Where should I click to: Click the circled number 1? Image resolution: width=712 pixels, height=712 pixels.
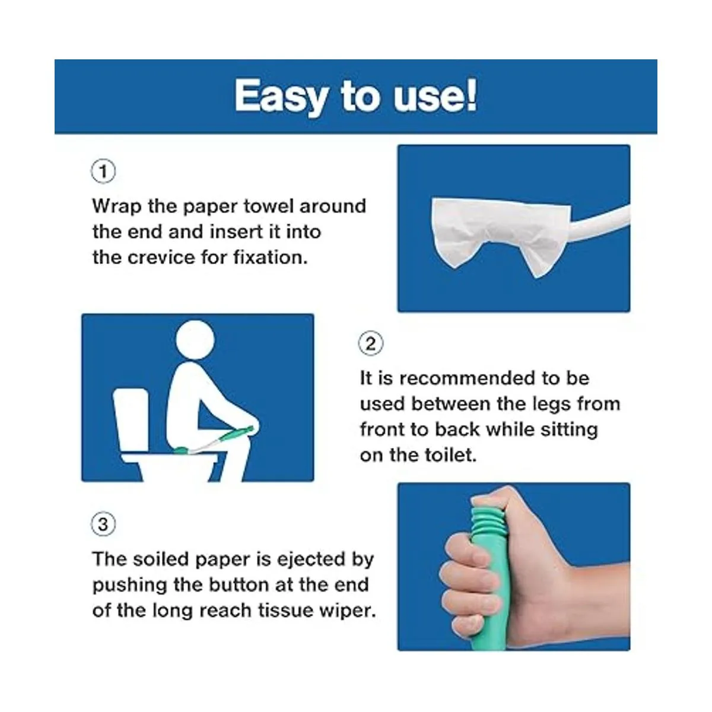pyautogui.click(x=103, y=172)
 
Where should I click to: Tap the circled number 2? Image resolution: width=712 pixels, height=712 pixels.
pyautogui.click(x=371, y=344)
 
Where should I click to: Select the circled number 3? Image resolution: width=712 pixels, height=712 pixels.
pyautogui.click(x=103, y=524)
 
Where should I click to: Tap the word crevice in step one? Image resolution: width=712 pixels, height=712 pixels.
pyautogui.click(x=161, y=258)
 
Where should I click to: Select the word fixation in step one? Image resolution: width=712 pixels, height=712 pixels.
pyautogui.click(x=271, y=257)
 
